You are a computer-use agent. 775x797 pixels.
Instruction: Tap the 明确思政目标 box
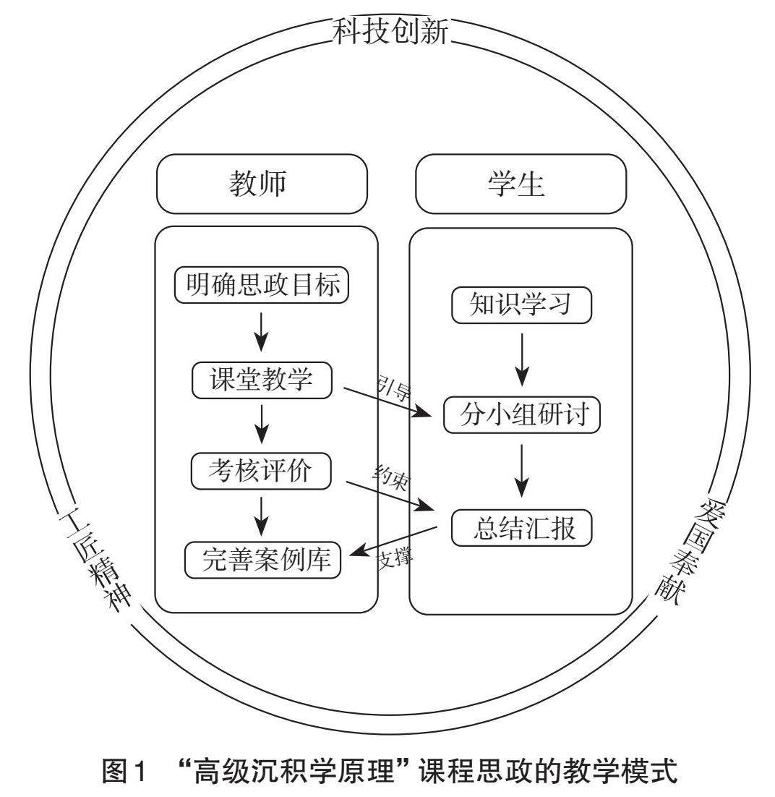click(262, 285)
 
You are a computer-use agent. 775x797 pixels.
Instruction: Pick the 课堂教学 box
click(262, 380)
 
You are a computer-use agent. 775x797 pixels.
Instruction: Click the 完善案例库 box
click(262, 560)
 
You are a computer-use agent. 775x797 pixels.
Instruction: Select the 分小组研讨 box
click(521, 415)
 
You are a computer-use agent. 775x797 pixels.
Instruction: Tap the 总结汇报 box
click(521, 528)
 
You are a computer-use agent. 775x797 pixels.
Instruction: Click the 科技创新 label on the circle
click(391, 31)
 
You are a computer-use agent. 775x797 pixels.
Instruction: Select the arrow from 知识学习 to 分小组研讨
click(521, 359)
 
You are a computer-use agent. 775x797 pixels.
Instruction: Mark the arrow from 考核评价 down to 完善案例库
click(262, 514)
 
